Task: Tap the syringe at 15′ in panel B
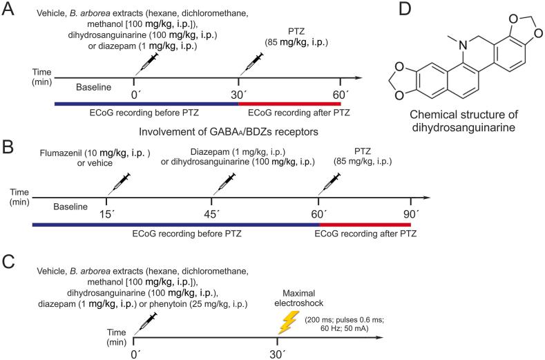coord(113,184)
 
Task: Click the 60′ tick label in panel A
coord(340,93)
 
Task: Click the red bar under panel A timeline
coord(289,104)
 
